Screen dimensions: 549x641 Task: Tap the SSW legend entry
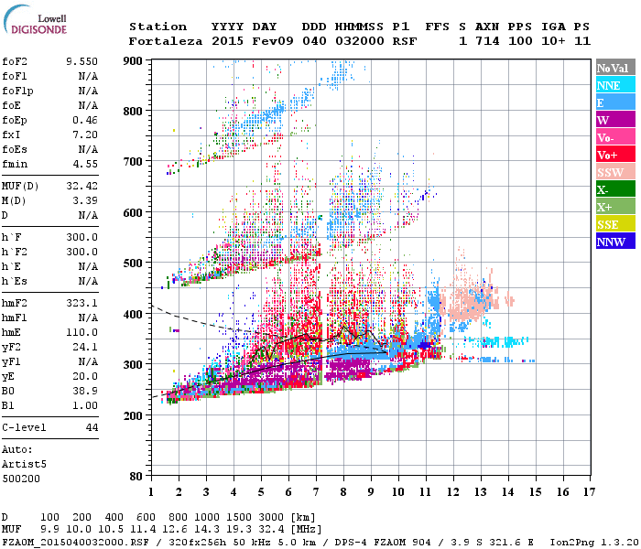[x=610, y=172]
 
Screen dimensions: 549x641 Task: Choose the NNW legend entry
[x=610, y=242]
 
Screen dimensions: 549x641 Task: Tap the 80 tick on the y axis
[x=137, y=476]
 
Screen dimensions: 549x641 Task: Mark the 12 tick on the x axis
[x=453, y=491]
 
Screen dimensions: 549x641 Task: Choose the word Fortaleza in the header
[x=165, y=41]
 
